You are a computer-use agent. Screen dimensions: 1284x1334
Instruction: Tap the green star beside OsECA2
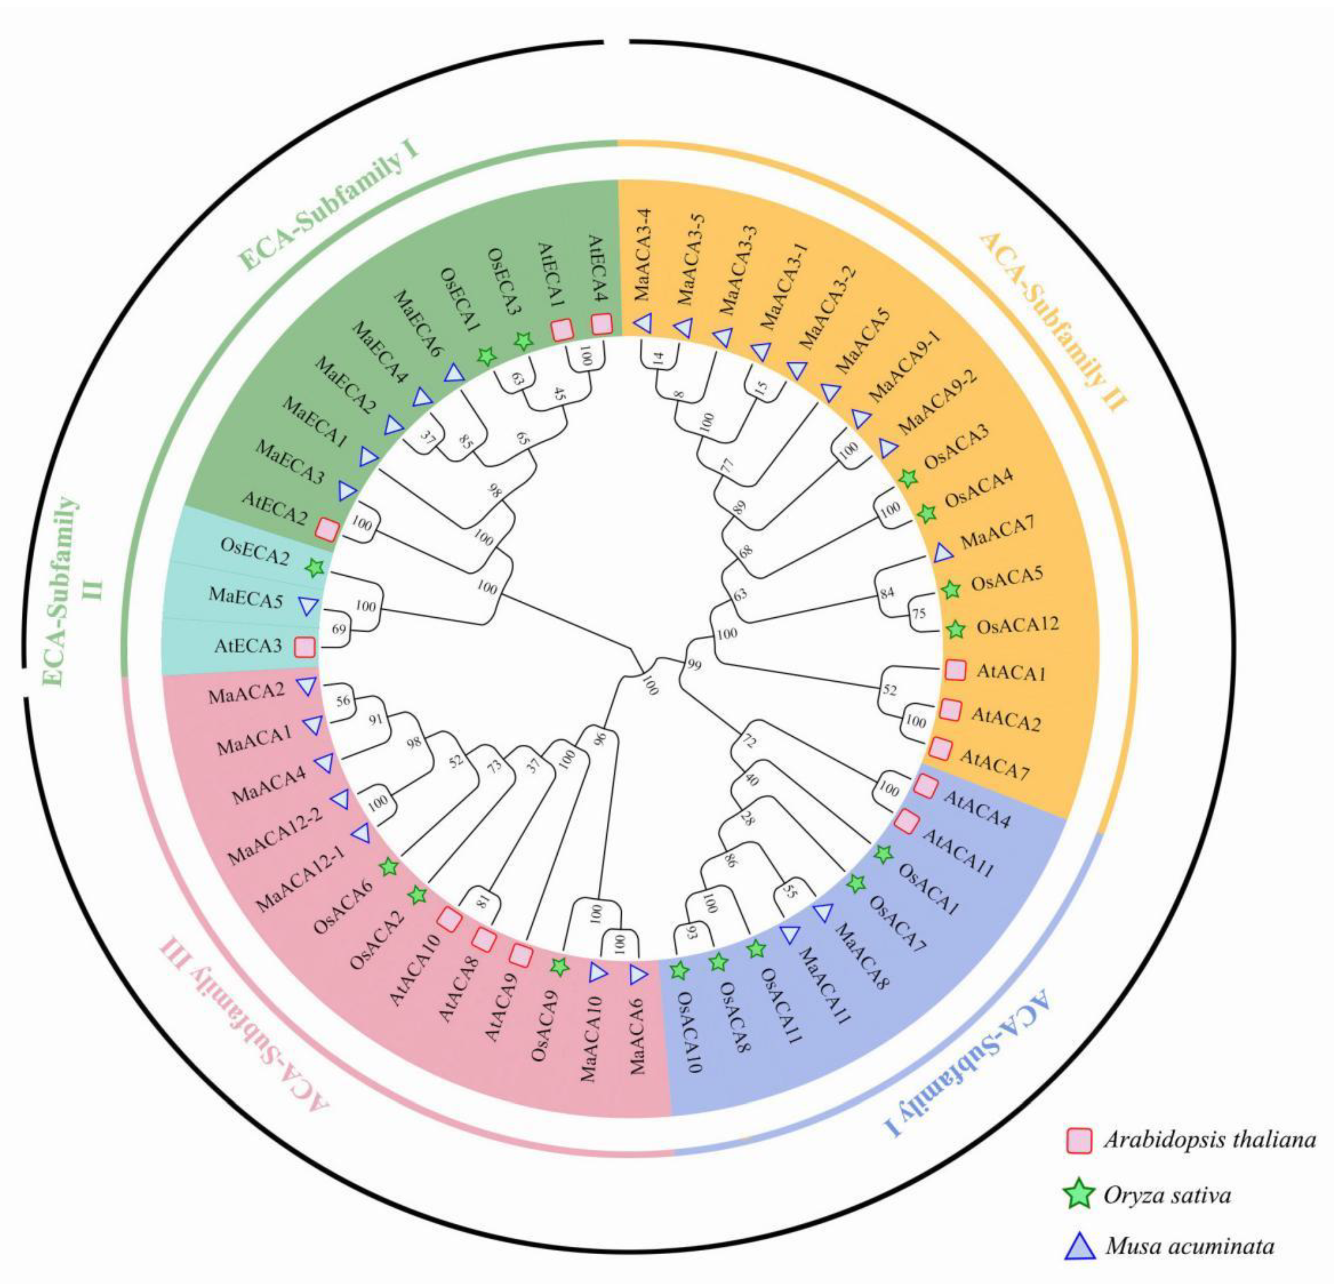coord(314,567)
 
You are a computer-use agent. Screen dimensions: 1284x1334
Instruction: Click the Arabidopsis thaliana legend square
coord(1079,1139)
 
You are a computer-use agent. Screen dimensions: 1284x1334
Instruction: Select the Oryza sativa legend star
coord(1079,1194)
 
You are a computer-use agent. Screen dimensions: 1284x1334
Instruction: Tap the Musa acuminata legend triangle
coord(1079,1247)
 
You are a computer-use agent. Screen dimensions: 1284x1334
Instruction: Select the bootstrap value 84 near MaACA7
coord(886,592)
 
